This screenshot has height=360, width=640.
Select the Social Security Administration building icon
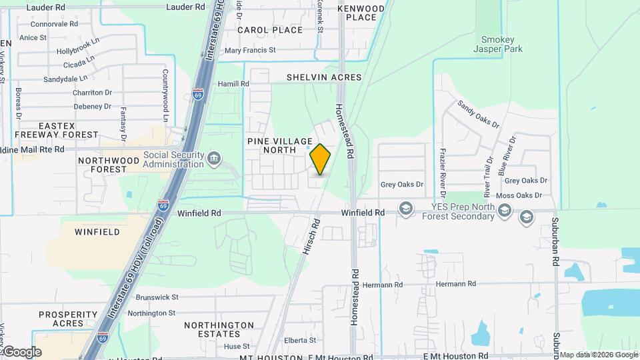tap(214, 158)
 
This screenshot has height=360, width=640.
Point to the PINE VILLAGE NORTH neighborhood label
tap(279, 145)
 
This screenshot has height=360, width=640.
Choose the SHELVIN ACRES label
tap(324, 77)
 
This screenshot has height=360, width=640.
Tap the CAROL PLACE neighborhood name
tap(270, 30)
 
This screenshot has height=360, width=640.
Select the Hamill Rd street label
tap(233, 84)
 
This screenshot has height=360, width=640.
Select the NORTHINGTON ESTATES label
tap(220, 329)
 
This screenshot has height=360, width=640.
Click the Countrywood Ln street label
tap(164, 93)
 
